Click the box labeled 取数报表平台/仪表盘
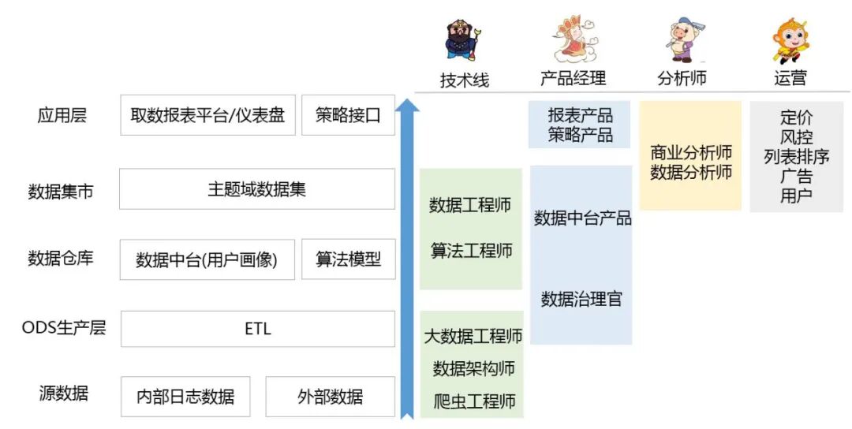coord(207,115)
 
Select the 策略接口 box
coord(348,115)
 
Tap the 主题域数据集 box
coord(256,189)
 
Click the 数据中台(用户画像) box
coord(207,259)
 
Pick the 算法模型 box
coord(348,259)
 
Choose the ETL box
coord(257,329)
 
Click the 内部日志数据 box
coord(185,397)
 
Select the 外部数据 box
coord(330,397)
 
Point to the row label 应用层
coord(62,115)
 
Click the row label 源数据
coord(63,393)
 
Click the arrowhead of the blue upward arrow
coord(407,109)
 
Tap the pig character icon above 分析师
coord(681,41)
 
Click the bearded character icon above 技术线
coord(463,41)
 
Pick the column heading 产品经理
coord(573,78)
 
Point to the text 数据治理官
coord(581,299)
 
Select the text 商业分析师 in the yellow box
coord(691,152)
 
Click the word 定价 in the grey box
coord(796,118)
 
